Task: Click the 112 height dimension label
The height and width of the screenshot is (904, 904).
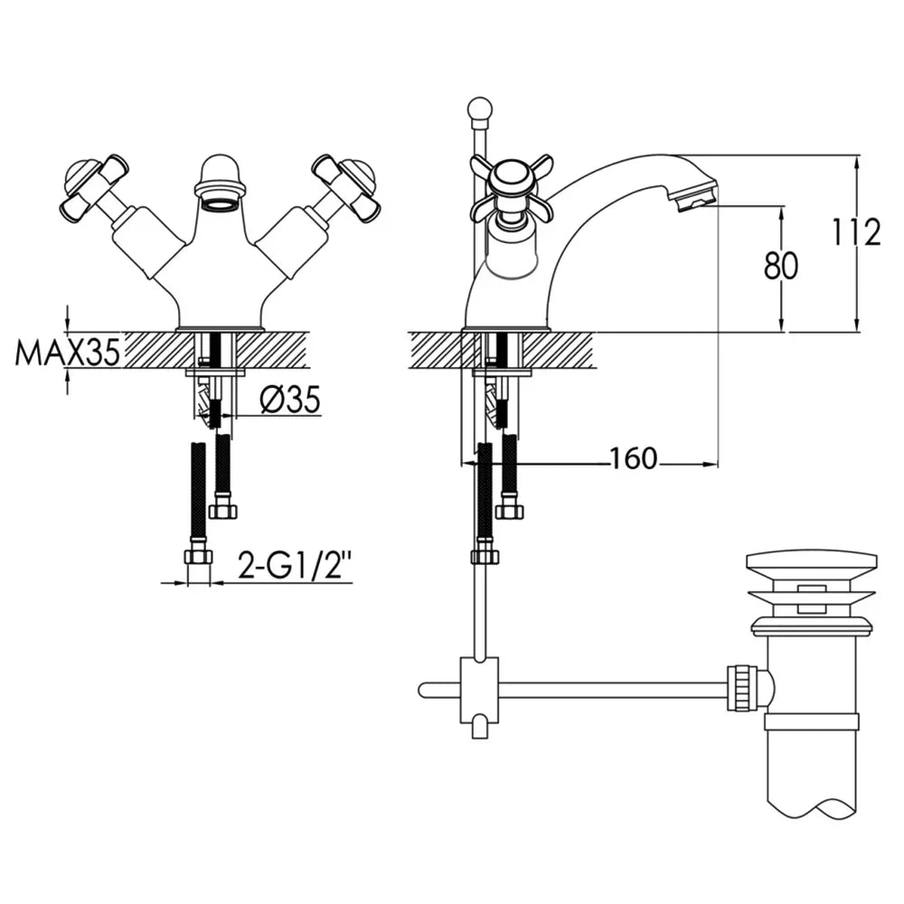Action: click(x=856, y=233)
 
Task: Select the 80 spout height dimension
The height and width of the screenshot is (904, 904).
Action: click(x=781, y=267)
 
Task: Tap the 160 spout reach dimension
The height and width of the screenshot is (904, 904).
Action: click(x=633, y=460)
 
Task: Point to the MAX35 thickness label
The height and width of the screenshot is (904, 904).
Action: click(x=67, y=353)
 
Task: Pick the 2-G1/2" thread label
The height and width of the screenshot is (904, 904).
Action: click(x=295, y=568)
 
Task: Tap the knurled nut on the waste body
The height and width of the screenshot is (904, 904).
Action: click(x=742, y=689)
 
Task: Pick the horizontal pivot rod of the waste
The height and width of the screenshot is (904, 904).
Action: click(x=615, y=691)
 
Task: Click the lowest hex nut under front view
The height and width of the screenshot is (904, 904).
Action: click(x=198, y=556)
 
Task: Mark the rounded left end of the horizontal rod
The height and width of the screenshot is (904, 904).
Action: click(x=424, y=691)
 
